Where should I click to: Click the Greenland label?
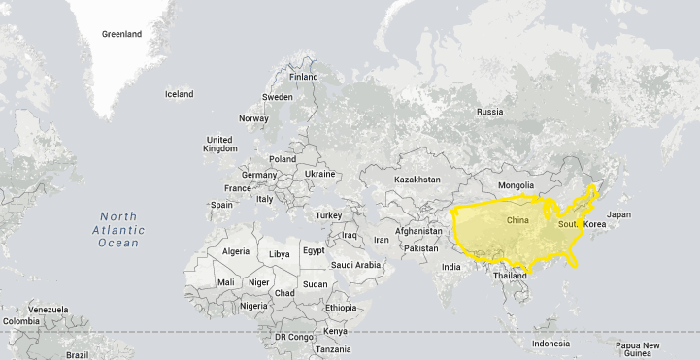[x=122, y=34]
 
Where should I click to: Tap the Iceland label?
[x=179, y=94]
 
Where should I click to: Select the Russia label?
[x=489, y=112]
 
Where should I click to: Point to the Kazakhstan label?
[x=417, y=180]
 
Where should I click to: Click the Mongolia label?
[x=516, y=185]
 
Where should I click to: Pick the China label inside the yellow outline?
[x=518, y=221]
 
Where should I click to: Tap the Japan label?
[x=618, y=214]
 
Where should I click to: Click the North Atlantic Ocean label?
[x=118, y=230]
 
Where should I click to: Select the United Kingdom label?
[x=220, y=144]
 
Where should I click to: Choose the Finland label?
[x=303, y=77]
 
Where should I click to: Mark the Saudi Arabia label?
[x=355, y=265]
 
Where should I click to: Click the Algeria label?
[x=236, y=251]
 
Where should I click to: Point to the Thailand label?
[x=510, y=276]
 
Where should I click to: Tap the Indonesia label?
[x=550, y=344]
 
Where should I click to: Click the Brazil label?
[x=77, y=354]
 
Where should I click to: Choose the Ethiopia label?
[x=341, y=308]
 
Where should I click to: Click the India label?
[x=451, y=267]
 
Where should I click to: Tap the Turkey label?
[x=328, y=215]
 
